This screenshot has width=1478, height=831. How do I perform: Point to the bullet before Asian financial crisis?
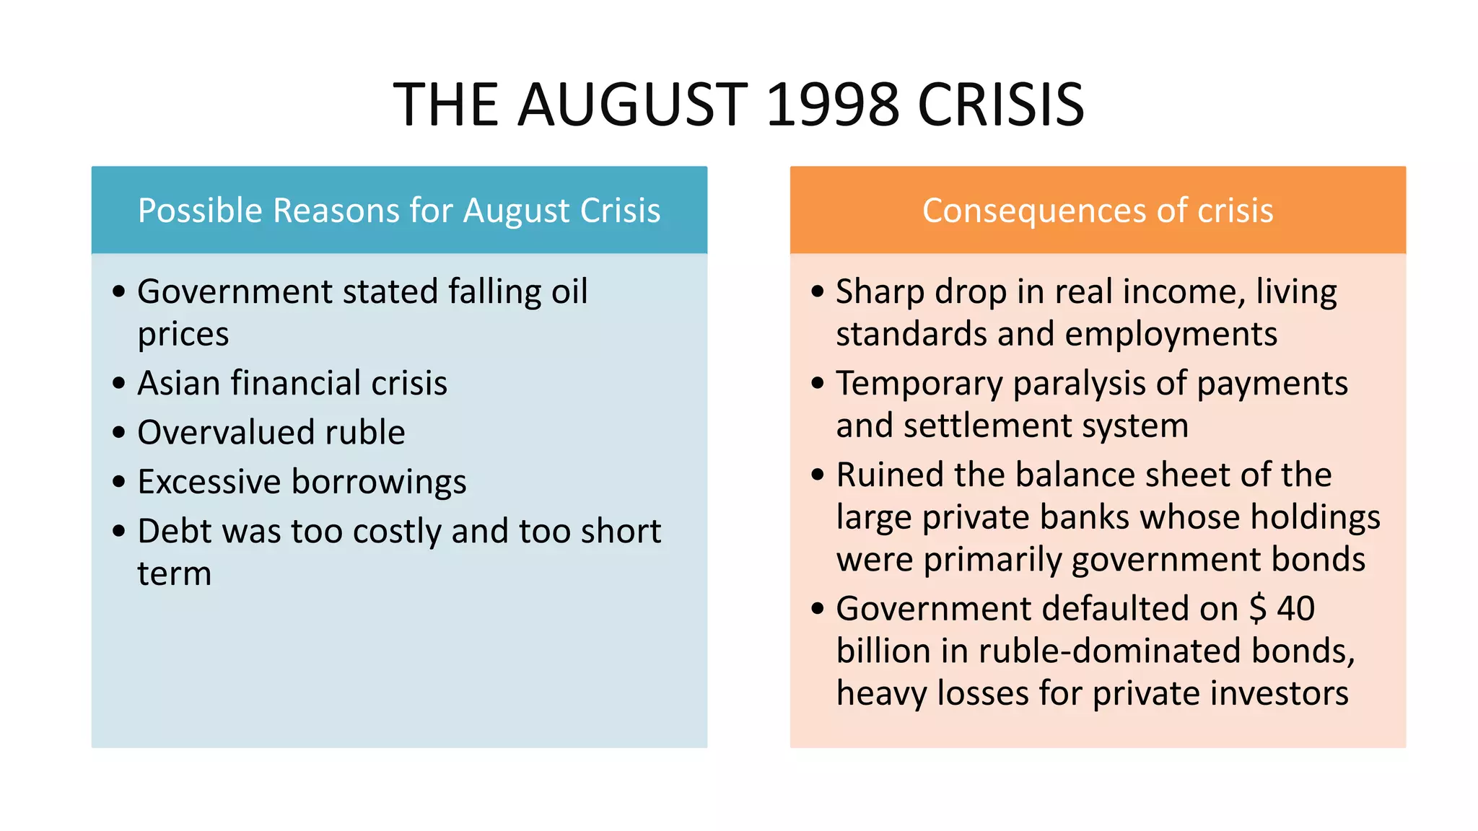119,382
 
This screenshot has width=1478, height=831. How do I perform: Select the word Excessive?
209,481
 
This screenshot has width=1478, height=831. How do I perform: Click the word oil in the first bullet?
569,291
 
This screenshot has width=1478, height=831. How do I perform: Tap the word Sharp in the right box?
880,293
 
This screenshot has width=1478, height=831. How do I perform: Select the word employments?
1171,335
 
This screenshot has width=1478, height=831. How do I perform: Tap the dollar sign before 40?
1257,608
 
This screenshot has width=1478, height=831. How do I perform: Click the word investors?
1279,693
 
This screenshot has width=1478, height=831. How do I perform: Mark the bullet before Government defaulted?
818,608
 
